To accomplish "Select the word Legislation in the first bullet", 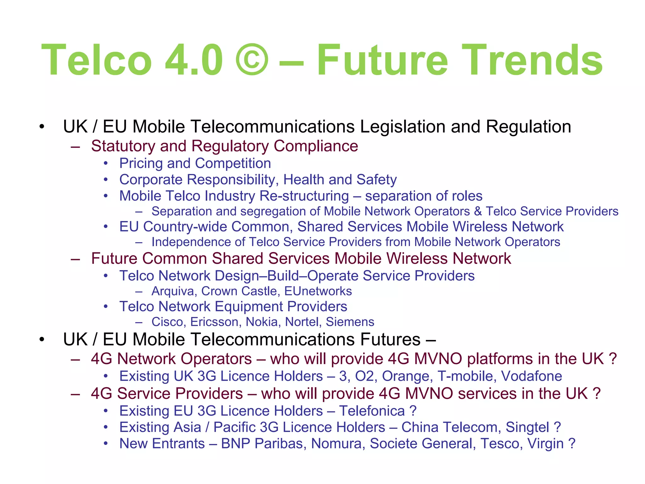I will click(x=402, y=127).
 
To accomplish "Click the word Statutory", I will click(x=123, y=146).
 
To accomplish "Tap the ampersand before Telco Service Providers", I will click(x=478, y=211).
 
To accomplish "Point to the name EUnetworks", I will click(x=318, y=291).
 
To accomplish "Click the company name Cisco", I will click(x=168, y=322).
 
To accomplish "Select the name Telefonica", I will click(x=372, y=411).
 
